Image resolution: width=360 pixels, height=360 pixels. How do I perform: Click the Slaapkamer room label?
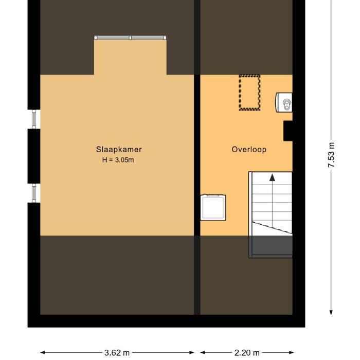tap(119, 150)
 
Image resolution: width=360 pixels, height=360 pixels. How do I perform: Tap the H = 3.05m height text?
tap(119, 160)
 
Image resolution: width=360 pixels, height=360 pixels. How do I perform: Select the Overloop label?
tap(249, 150)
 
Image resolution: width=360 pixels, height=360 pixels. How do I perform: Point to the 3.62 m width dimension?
tap(117, 353)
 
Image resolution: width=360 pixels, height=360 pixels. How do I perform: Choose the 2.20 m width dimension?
tap(247, 353)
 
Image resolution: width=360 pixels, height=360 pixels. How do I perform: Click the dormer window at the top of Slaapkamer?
tap(130, 38)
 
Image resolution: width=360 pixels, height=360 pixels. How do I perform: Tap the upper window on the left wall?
tap(34, 119)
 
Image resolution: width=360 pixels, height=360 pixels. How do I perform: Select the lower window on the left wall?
tap(34, 193)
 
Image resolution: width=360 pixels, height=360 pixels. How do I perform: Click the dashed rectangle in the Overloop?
tap(249, 93)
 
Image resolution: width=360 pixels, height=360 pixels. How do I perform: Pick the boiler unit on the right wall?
tap(284, 102)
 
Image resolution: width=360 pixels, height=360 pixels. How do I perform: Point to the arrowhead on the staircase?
tap(272, 177)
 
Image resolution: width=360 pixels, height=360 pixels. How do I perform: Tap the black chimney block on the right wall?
tap(288, 131)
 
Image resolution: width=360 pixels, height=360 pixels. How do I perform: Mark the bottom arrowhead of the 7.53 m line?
tap(332, 312)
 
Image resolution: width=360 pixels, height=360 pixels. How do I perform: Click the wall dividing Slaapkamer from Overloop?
tap(197, 154)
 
